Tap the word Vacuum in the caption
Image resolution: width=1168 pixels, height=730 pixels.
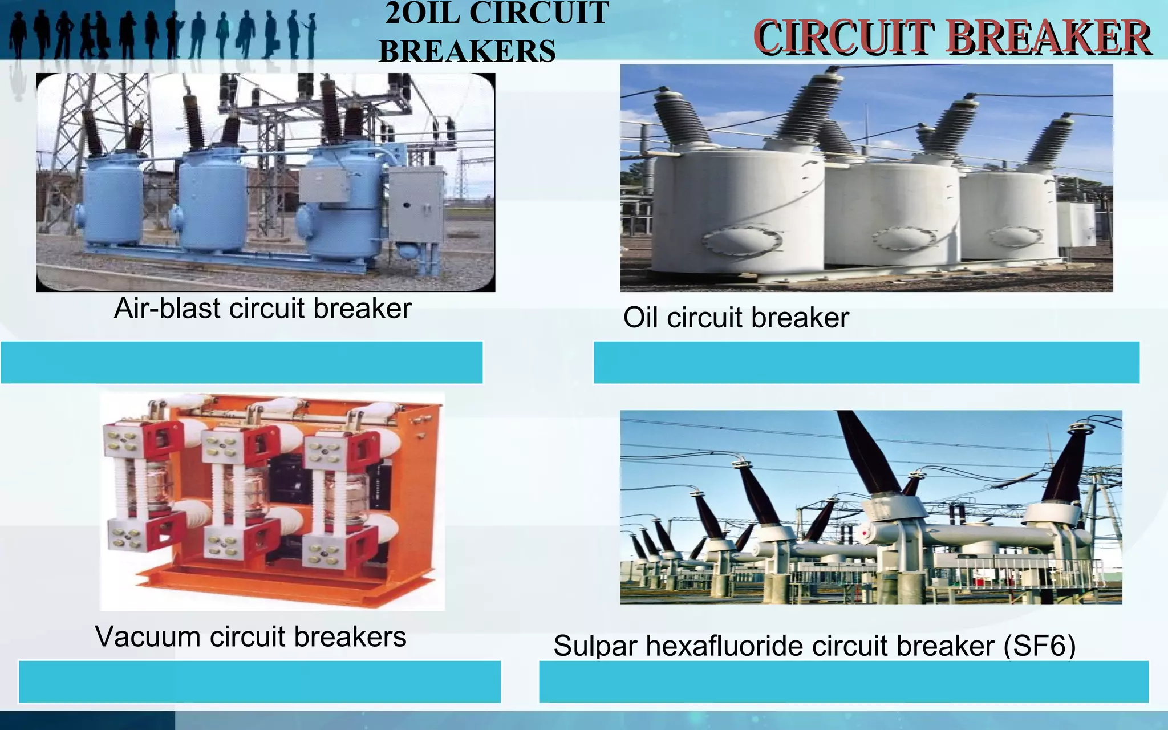(x=147, y=636)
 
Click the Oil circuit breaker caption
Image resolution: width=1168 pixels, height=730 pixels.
(x=736, y=318)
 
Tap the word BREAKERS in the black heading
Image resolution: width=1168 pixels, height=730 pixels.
(x=467, y=51)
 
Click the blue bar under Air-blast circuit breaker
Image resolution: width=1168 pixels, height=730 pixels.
(x=241, y=362)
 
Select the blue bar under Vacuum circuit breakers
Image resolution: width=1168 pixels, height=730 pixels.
(x=259, y=682)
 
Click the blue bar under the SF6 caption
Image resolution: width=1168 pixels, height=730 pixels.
(x=843, y=682)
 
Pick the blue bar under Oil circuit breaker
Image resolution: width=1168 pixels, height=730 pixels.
(x=866, y=362)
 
